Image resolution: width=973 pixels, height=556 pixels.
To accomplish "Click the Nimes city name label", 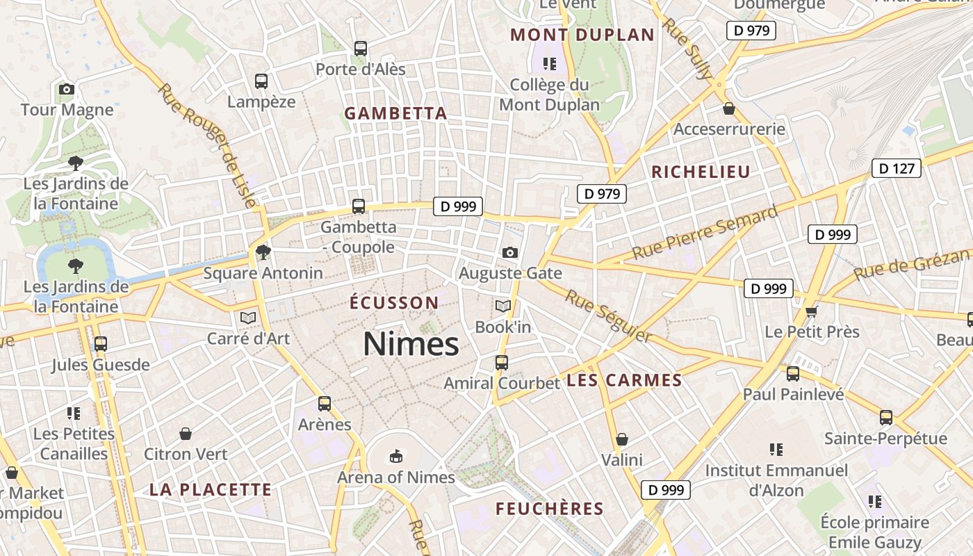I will (x=411, y=344).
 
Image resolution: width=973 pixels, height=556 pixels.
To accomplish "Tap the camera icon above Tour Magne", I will (x=67, y=89).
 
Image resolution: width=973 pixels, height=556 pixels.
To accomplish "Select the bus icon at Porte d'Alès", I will (x=360, y=49).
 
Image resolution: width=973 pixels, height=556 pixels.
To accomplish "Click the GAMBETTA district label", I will (x=395, y=113).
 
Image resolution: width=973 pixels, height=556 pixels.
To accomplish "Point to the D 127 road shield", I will (x=896, y=168).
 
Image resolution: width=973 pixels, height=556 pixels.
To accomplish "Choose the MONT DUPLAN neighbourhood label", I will (x=582, y=35).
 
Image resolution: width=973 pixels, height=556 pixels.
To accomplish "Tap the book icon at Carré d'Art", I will (x=248, y=318).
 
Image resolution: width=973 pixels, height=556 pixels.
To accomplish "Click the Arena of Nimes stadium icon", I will (x=395, y=457).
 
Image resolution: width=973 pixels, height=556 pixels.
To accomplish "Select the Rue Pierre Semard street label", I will (x=705, y=234).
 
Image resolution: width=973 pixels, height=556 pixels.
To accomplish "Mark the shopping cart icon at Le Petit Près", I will (x=811, y=311).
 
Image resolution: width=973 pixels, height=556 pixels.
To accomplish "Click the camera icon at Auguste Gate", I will (x=510, y=252).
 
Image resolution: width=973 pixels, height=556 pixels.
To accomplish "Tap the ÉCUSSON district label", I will (x=394, y=303).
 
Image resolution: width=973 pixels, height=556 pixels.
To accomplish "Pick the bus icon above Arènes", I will (x=325, y=403).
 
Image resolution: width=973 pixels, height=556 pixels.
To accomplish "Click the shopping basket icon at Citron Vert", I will (x=186, y=434).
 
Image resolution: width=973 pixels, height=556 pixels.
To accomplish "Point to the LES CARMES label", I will (x=624, y=380).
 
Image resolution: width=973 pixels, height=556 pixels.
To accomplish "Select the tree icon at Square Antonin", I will (x=263, y=252).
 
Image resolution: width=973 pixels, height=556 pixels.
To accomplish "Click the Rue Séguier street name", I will (x=608, y=316).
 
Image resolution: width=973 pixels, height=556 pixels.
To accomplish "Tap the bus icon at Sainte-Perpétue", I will (x=885, y=418).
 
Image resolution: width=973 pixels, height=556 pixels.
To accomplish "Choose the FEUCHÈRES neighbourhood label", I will (x=550, y=509).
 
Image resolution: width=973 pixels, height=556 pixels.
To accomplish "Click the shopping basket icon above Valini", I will (x=622, y=439).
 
